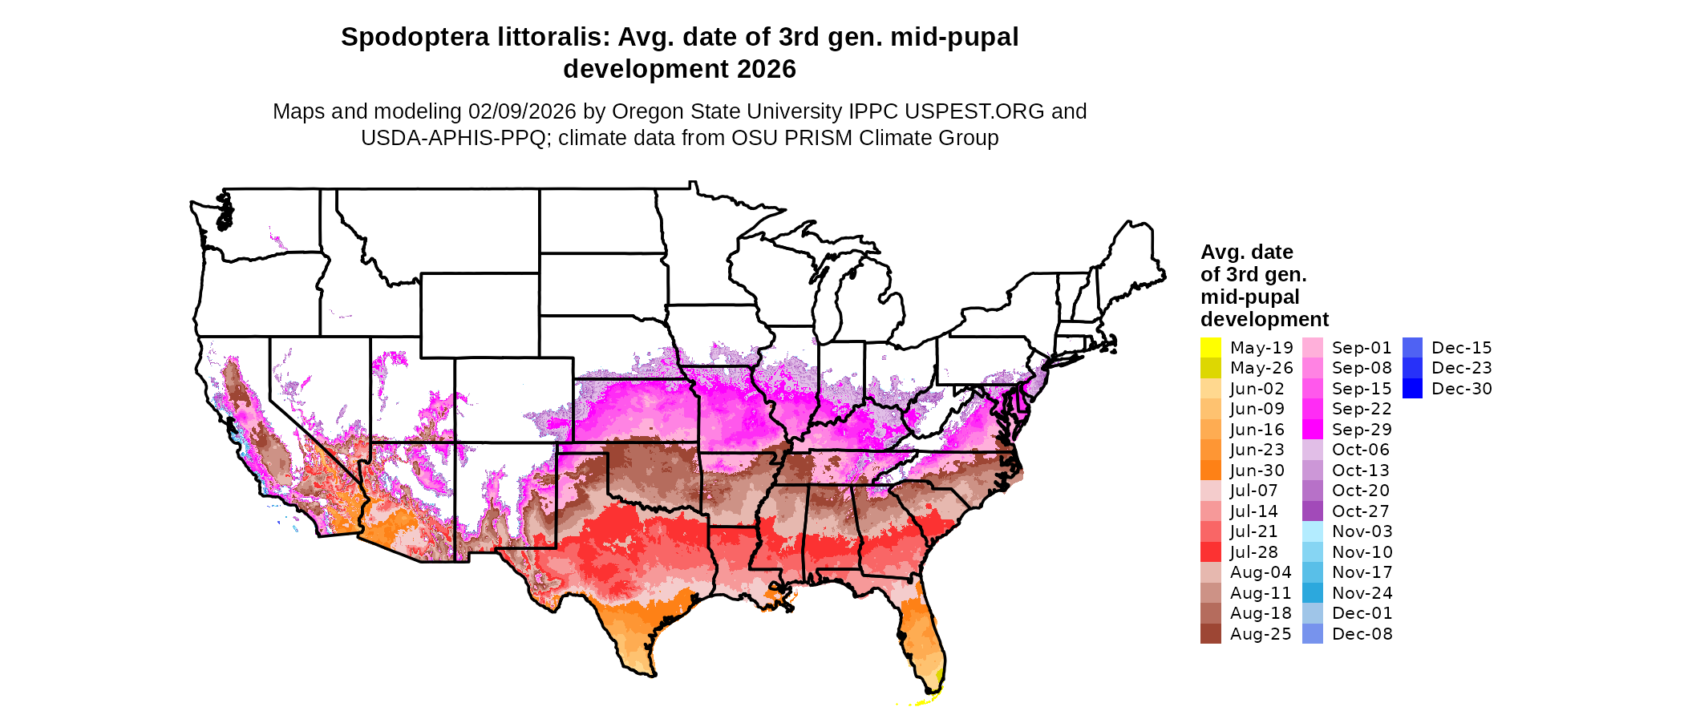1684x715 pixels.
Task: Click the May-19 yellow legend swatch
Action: point(1210,348)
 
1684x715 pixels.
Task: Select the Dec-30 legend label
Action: point(1461,389)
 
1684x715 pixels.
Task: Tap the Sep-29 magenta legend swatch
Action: point(1313,430)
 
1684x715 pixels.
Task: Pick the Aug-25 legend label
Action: point(1261,634)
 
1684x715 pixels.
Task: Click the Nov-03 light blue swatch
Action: point(1313,531)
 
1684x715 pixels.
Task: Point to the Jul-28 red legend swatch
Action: point(1210,552)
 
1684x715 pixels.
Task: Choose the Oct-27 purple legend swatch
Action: point(1313,511)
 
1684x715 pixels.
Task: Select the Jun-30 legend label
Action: point(1257,471)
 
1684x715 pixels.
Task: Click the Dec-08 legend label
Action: point(1362,634)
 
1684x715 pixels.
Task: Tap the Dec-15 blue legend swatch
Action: point(1413,348)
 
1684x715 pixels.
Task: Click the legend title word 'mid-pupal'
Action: point(1249,297)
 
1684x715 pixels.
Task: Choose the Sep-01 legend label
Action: point(1362,348)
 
